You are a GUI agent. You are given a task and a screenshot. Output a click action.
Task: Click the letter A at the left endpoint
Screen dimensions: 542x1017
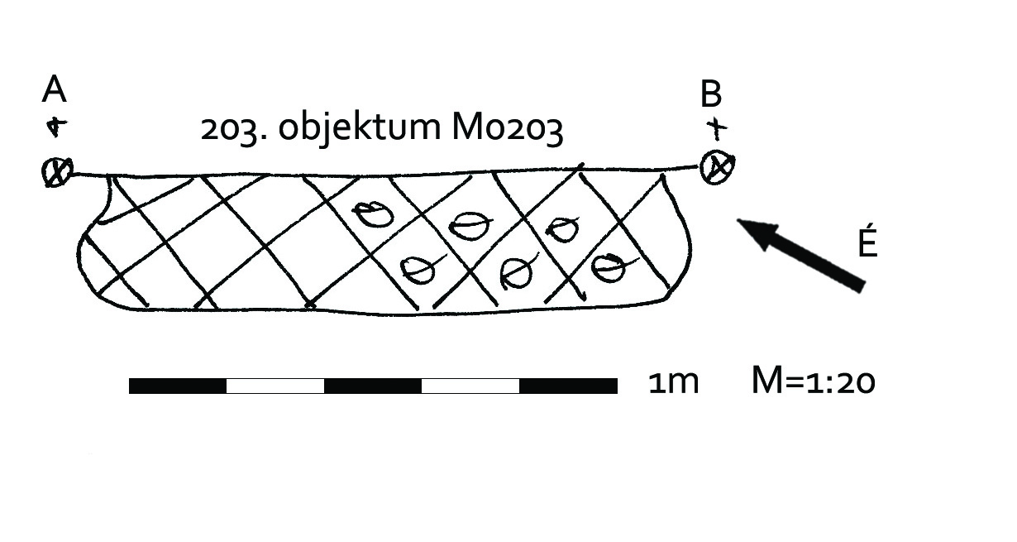coord(54,89)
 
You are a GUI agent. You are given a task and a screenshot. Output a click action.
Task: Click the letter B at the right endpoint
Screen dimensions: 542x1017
coord(711,95)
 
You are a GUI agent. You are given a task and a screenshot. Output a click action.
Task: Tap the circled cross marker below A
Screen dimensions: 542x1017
coord(56,173)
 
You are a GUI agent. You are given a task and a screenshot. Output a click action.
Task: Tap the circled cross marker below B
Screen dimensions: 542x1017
coord(716,167)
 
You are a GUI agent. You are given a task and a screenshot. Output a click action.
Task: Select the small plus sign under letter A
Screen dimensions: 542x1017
coord(55,127)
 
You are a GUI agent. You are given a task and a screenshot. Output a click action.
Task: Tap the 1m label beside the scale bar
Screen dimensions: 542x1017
coord(674,383)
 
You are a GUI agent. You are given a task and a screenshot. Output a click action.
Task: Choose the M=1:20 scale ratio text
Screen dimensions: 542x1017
coord(813,382)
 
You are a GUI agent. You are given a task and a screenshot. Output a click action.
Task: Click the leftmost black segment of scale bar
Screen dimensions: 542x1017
coord(178,386)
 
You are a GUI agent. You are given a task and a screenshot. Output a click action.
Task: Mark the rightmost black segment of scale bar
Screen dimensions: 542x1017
coord(568,386)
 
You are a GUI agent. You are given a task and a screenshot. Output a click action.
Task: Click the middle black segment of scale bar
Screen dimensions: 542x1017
coord(373,386)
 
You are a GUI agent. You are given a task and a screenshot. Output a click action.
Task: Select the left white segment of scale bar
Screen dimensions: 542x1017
coord(275,386)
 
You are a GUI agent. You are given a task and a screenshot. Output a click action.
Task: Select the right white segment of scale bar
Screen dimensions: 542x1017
coord(470,386)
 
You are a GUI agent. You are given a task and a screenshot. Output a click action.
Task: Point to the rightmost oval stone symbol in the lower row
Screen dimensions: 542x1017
coord(609,266)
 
